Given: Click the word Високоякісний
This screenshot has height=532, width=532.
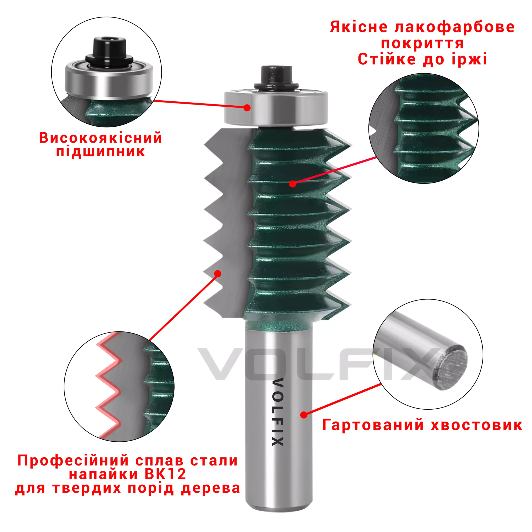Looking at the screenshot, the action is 101,138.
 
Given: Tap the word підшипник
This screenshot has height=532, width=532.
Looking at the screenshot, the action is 101,152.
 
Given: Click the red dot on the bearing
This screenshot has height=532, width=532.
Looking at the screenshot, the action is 247,108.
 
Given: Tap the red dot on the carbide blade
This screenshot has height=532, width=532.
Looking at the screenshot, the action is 218,273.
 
